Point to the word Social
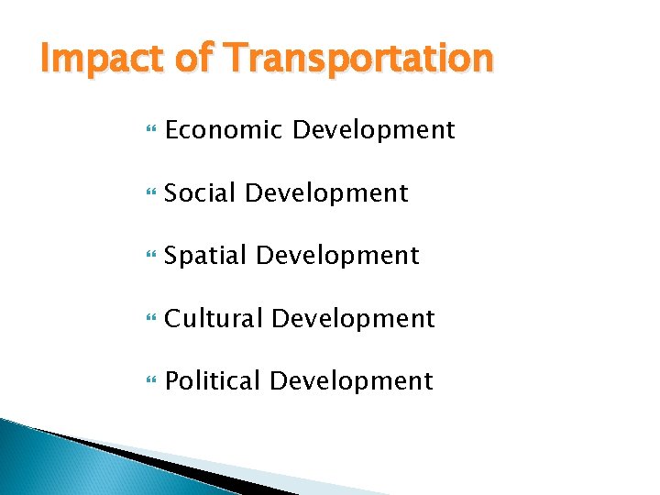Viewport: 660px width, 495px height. (x=201, y=193)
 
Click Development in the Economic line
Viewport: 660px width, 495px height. (x=373, y=130)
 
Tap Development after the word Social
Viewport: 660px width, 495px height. (x=326, y=193)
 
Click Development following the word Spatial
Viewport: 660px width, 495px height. (x=337, y=256)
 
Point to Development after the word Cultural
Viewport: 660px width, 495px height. (x=353, y=318)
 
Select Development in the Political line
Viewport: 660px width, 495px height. (x=351, y=380)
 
